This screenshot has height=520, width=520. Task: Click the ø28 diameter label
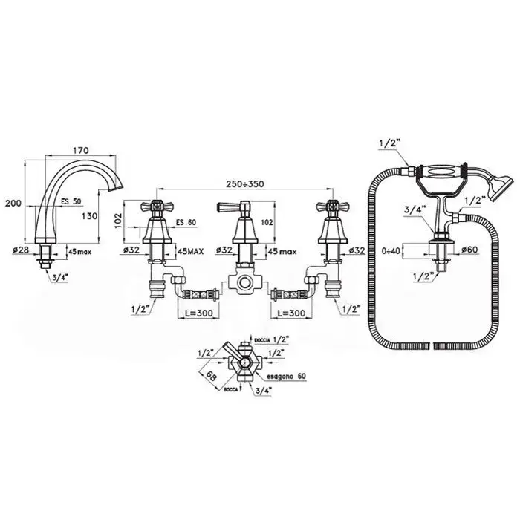(21, 251)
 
